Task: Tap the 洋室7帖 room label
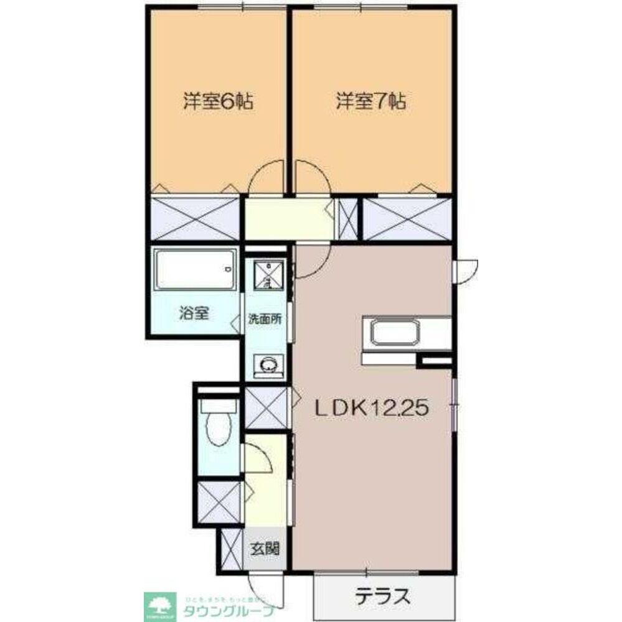point(371,101)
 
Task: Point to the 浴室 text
point(193,313)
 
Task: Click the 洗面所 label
point(266,320)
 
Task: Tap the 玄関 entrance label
point(265,549)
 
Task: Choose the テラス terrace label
point(383,596)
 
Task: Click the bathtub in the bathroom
point(196,269)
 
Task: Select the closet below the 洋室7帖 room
point(407,218)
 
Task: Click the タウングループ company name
point(228,610)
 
